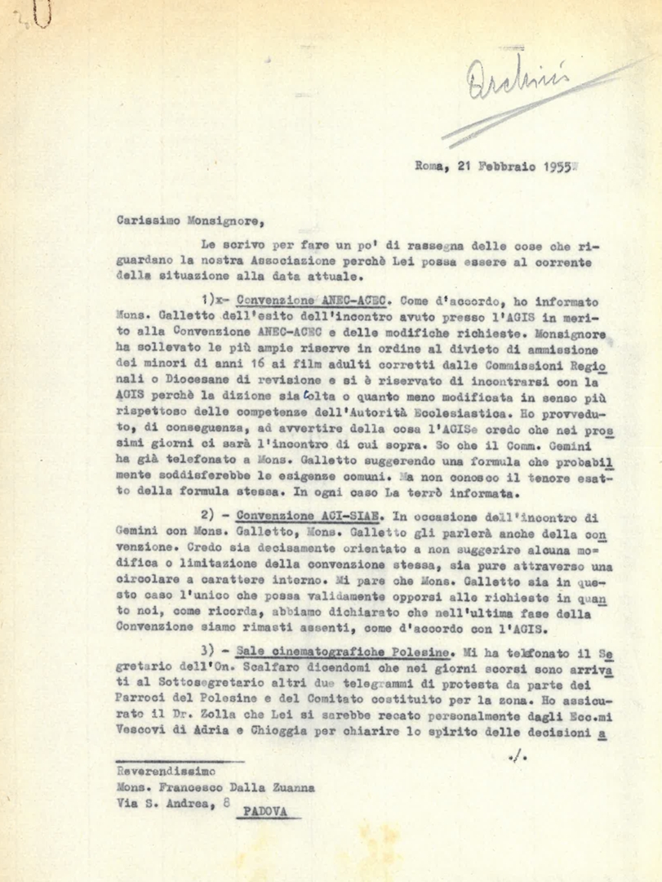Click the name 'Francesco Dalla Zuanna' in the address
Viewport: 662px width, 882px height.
click(x=239, y=788)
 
